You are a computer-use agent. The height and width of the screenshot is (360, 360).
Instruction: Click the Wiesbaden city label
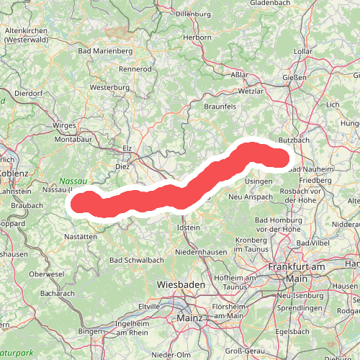181,284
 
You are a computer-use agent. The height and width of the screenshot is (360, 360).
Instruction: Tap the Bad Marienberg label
105,51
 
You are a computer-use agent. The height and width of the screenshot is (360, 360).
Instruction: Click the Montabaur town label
73,138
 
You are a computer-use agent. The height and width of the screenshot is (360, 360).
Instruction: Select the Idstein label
189,228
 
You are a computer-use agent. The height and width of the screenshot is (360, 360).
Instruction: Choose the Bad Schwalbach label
136,260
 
